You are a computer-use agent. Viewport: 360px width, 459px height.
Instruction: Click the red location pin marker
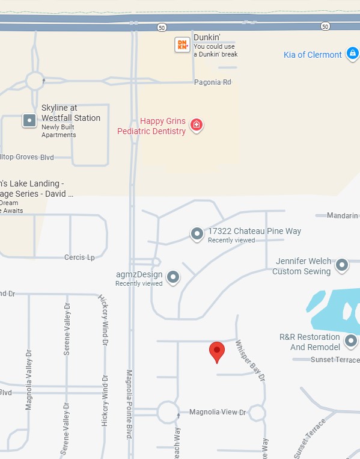(x=216, y=351)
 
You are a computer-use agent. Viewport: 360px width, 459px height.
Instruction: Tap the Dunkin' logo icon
(x=182, y=45)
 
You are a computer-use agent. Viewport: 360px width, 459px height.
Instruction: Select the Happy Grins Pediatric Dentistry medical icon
(x=196, y=125)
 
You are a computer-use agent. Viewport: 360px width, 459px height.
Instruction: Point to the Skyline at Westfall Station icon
(x=29, y=120)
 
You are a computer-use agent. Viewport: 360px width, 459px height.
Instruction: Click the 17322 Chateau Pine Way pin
(x=197, y=234)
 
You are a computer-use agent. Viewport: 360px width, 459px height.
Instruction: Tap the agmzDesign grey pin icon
(x=173, y=277)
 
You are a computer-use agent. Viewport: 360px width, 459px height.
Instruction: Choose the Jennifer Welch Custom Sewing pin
(x=342, y=265)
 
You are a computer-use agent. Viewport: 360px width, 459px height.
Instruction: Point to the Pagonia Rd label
(x=212, y=82)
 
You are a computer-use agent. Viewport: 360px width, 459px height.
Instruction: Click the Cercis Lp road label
(x=79, y=257)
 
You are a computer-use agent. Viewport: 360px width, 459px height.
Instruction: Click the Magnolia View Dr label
(x=218, y=412)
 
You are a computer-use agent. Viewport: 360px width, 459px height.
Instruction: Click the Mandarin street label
(x=342, y=215)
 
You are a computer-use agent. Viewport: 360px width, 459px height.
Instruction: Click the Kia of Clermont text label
(x=313, y=55)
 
